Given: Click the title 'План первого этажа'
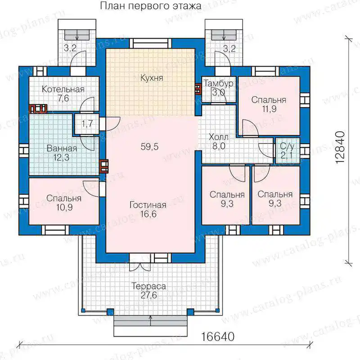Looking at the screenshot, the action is (151, 6).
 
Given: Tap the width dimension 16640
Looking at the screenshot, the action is (218, 337).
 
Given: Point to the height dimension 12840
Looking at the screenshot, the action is (341, 147).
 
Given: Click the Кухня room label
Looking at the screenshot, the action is (152, 78).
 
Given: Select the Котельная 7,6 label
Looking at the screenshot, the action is (63, 94).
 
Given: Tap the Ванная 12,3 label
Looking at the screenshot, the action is (62, 153).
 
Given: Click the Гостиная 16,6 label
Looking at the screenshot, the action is (148, 209).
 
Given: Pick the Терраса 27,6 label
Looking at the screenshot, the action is (148, 291).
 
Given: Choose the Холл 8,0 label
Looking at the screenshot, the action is (219, 142).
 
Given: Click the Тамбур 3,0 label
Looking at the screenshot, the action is (219, 88).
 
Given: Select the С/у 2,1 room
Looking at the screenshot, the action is (288, 151).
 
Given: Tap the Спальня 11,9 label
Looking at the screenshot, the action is (269, 104).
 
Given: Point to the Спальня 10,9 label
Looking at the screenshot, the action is (64, 202).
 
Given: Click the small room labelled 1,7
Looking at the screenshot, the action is (87, 124).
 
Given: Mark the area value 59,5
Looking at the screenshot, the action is (149, 147).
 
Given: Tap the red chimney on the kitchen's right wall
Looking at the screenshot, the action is (198, 89).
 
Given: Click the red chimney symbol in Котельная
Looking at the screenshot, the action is (38, 108).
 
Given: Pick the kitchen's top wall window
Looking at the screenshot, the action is (150, 43).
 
